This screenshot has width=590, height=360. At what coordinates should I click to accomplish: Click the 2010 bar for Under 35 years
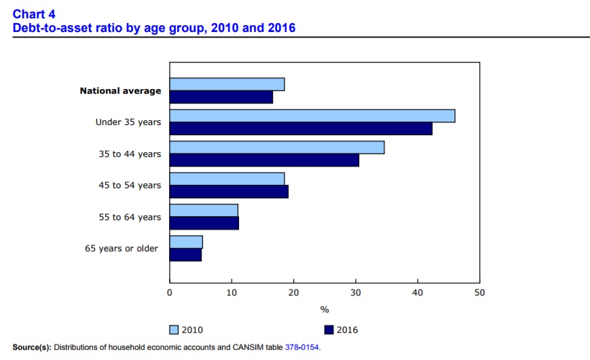(x=312, y=115)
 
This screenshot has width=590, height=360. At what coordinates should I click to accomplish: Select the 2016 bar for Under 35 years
(x=301, y=128)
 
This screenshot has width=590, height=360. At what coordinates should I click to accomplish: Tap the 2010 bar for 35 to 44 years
(x=277, y=147)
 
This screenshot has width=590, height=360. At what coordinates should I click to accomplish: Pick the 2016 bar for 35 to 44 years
(x=264, y=160)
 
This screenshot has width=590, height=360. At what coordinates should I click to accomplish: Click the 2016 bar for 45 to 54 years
(x=229, y=192)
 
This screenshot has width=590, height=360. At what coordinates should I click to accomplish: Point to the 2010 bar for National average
(x=227, y=84)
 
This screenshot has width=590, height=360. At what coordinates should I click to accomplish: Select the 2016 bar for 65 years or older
(x=185, y=255)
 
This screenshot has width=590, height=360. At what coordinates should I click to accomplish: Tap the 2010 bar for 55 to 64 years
(x=204, y=211)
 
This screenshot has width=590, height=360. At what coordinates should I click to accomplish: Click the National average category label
(x=120, y=90)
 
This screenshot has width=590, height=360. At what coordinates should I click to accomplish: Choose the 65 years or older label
(x=122, y=249)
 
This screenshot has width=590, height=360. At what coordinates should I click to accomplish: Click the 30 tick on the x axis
(x=355, y=292)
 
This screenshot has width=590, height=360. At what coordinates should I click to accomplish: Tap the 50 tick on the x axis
(x=479, y=292)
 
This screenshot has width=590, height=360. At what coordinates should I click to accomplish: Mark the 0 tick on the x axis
(x=170, y=292)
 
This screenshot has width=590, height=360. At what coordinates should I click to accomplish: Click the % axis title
(x=325, y=310)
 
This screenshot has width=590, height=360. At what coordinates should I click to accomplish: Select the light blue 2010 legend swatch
(x=174, y=330)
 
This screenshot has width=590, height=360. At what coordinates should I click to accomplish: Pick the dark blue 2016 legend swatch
(x=329, y=330)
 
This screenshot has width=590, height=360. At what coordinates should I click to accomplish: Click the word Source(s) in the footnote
(x=31, y=348)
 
